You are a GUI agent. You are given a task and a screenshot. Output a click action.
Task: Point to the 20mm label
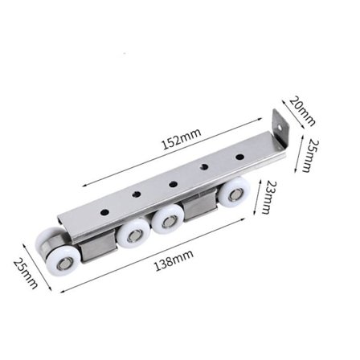pyautogui.click(x=304, y=112)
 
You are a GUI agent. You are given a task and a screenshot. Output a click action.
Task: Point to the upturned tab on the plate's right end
pyautogui.click(x=280, y=132)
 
